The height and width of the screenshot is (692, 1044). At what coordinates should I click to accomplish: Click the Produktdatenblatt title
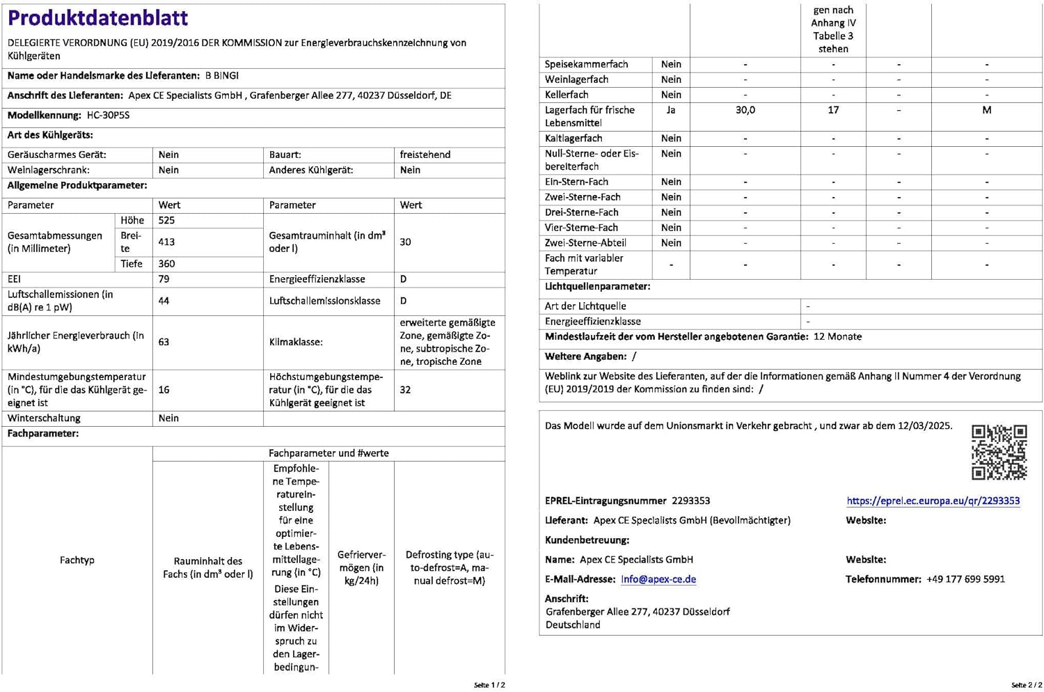coord(97,18)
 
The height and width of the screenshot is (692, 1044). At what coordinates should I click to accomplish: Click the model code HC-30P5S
coord(108,116)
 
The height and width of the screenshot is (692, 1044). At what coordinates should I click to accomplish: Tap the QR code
coord(999,453)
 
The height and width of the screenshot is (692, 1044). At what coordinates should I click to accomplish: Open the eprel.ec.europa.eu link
coord(933,501)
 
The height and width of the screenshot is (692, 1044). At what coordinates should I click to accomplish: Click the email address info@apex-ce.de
coord(658,579)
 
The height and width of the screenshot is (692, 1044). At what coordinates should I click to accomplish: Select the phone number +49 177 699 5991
coord(965,579)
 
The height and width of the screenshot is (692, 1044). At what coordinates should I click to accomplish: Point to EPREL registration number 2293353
coord(690,501)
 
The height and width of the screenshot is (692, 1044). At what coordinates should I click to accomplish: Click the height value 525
coord(166,221)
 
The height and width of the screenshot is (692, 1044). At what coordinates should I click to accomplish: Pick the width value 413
coord(166,242)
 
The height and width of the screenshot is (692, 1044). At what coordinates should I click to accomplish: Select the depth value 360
coord(166,264)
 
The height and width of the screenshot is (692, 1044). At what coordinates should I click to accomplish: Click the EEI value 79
coord(164,279)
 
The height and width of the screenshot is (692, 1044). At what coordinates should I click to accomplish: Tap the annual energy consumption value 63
coord(164,342)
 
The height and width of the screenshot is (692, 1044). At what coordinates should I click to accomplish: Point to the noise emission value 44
coord(164,301)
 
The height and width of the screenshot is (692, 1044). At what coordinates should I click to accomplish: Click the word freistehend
coord(425,155)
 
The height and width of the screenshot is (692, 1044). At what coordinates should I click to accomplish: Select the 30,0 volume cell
coord(745,110)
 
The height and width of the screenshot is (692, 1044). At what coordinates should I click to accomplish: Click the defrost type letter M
coord(986,110)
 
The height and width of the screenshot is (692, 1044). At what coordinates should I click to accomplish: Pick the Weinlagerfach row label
coord(576,79)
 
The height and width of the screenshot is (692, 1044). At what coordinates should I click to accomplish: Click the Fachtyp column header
coord(77,560)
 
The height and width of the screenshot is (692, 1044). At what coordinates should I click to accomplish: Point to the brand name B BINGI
coord(222,76)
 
